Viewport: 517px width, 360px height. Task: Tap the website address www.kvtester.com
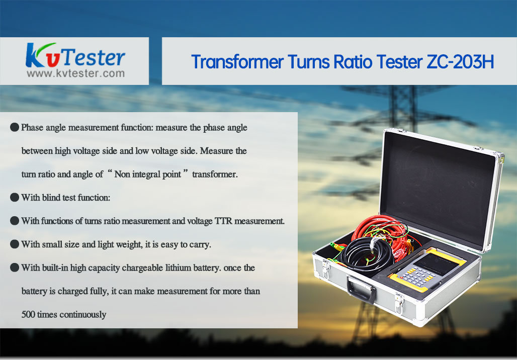75,73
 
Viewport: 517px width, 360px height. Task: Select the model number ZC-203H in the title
460,62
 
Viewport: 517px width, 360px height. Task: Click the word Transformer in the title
237,62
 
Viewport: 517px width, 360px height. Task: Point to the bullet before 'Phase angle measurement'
15,127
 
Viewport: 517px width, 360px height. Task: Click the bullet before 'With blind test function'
15,198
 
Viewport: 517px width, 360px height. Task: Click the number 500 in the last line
28,315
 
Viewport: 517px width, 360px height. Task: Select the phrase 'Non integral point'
147,174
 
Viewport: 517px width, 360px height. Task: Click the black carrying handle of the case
361,289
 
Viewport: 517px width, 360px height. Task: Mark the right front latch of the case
399,304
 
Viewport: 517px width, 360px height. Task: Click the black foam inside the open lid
439,188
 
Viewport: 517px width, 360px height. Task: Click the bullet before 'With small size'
15,244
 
